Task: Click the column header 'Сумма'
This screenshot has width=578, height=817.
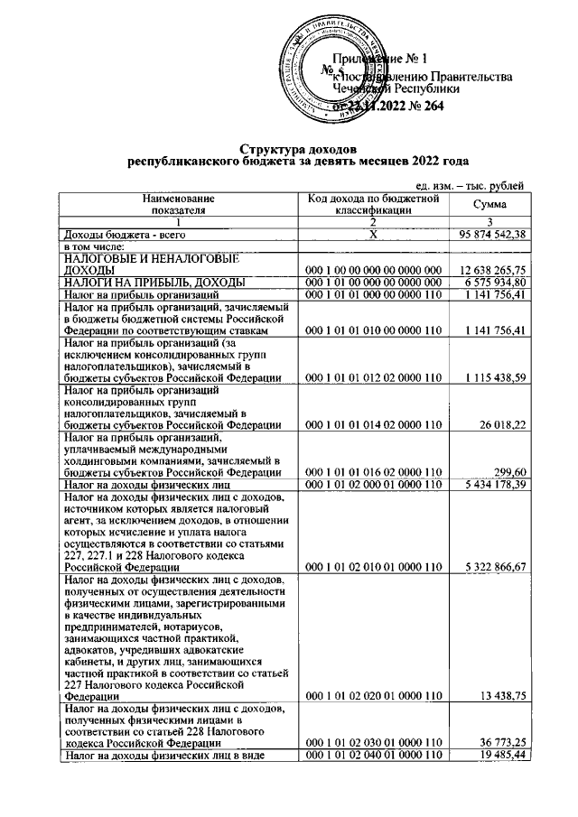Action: tap(489, 206)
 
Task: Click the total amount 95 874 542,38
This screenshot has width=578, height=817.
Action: tap(487, 235)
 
